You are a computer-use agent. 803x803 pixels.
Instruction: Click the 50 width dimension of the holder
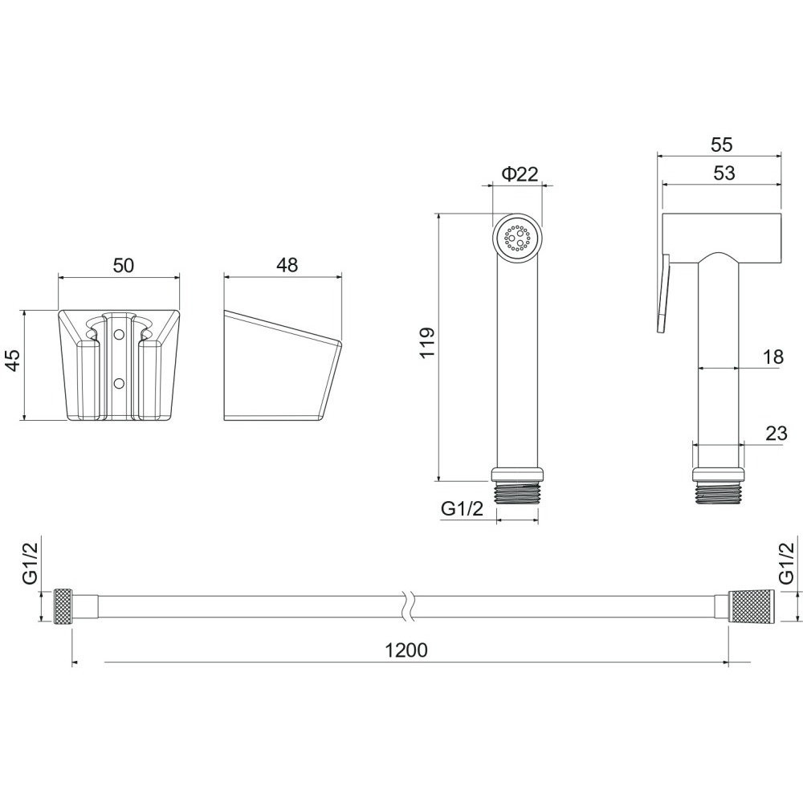[x=123, y=266]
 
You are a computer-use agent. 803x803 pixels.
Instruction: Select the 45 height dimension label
[x=12, y=360]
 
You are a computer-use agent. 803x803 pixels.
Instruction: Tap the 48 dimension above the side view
[x=287, y=265]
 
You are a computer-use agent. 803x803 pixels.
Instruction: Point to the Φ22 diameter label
[x=520, y=174]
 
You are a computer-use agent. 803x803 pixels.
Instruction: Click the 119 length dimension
[x=427, y=342]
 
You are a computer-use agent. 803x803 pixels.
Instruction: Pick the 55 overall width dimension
[x=722, y=145]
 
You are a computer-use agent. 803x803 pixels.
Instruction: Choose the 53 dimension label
[x=724, y=173]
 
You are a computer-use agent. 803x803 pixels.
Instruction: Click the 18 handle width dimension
[x=772, y=357]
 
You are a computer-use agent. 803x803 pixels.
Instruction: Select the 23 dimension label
[x=776, y=434]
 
